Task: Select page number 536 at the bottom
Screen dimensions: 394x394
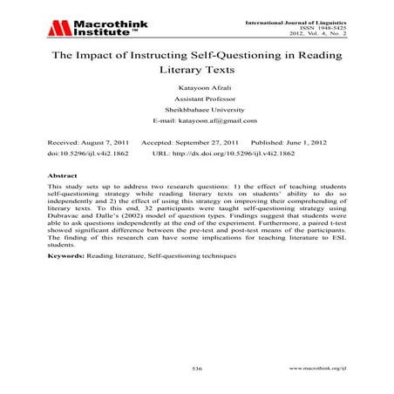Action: [197, 370]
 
